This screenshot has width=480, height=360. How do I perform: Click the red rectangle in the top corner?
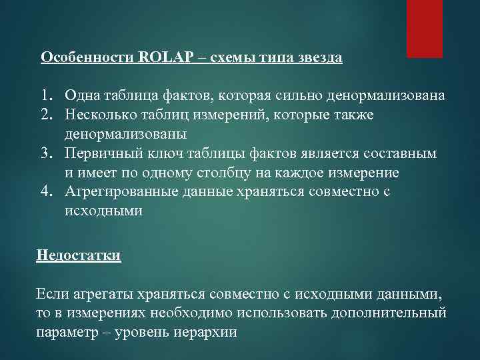click(425, 29)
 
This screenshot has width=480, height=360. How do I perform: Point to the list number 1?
click(46, 95)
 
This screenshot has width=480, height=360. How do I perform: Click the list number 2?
click(46, 115)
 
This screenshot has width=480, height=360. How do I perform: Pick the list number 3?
click(46, 153)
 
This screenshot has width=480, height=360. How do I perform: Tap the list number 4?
click(46, 191)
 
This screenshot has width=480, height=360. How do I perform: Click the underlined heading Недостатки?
click(79, 255)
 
